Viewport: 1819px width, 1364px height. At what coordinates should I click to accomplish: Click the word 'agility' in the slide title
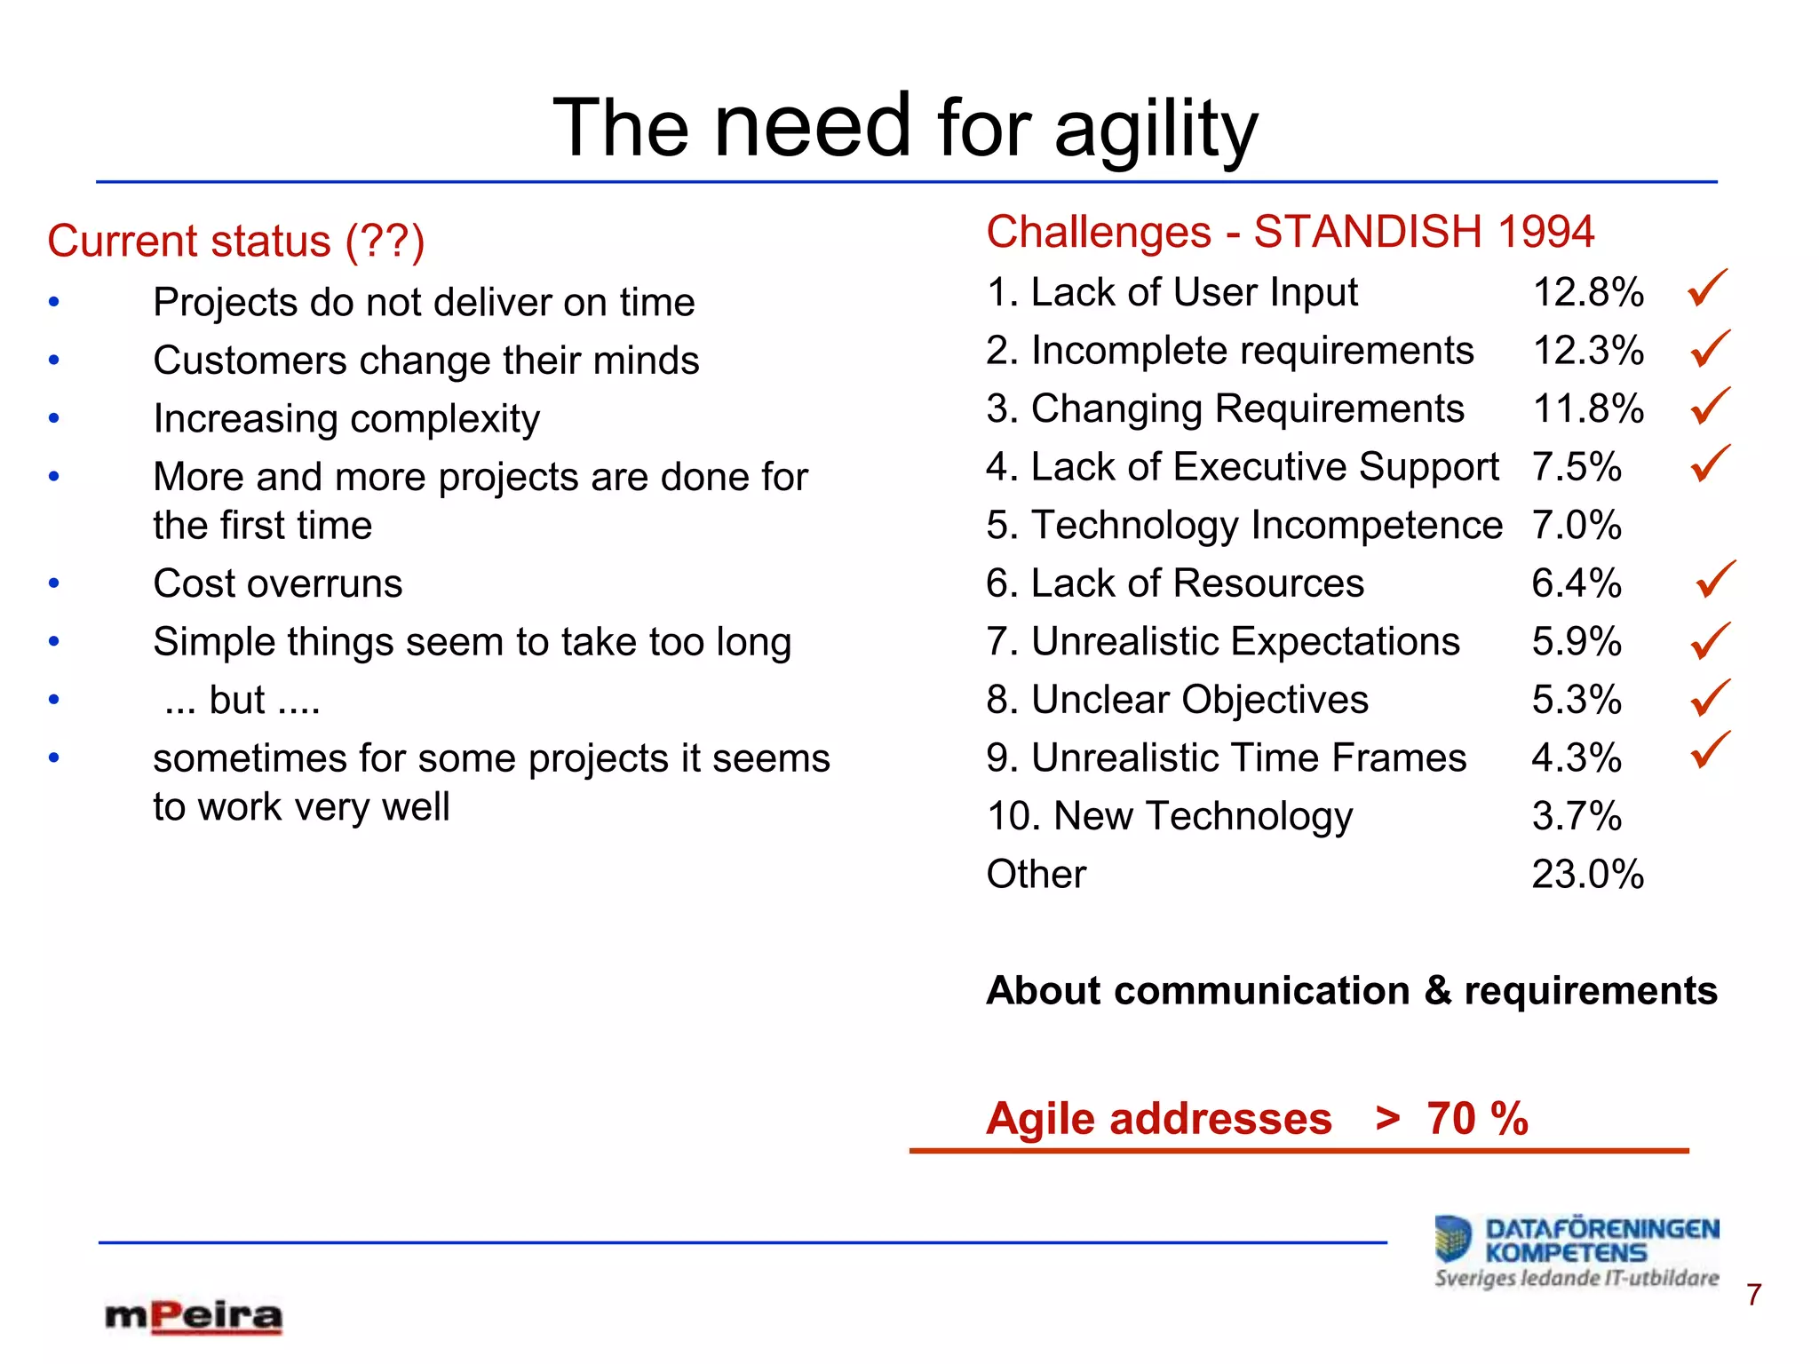pos(1156,131)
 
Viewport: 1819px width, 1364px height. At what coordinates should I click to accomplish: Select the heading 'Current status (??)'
pos(236,241)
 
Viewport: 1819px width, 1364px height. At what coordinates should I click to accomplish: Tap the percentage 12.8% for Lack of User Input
pos(1588,292)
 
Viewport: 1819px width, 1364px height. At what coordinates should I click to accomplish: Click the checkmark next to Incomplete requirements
pos(1710,348)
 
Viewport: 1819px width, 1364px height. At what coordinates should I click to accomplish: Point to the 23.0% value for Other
pos(1588,874)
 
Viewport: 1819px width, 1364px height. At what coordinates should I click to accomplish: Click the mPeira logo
pos(194,1316)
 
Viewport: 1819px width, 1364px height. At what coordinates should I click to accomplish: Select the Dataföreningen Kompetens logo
pos(1577,1250)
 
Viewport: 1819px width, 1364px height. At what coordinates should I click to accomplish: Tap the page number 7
pos(1753,1295)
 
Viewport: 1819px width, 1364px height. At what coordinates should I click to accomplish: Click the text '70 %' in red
pos(1477,1118)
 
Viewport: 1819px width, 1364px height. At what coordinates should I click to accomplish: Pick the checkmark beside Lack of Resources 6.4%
pos(1715,580)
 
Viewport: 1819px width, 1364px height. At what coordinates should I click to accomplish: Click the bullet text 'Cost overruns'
pos(278,583)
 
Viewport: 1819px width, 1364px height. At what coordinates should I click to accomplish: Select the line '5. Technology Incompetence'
pos(1243,525)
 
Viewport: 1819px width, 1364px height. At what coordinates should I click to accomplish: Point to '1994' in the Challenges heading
pos(1545,232)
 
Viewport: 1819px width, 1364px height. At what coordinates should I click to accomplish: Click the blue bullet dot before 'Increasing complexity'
pos(54,418)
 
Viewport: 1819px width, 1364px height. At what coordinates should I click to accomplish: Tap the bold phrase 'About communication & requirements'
pos(1352,990)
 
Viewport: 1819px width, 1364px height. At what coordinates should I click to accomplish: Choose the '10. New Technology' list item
pos(1170,815)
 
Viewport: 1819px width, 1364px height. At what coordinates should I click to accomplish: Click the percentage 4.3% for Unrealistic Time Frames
pos(1577,757)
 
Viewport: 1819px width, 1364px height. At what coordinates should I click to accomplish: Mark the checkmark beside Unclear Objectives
pos(1710,698)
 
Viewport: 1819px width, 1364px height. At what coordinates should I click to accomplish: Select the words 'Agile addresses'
pos(1159,1118)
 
